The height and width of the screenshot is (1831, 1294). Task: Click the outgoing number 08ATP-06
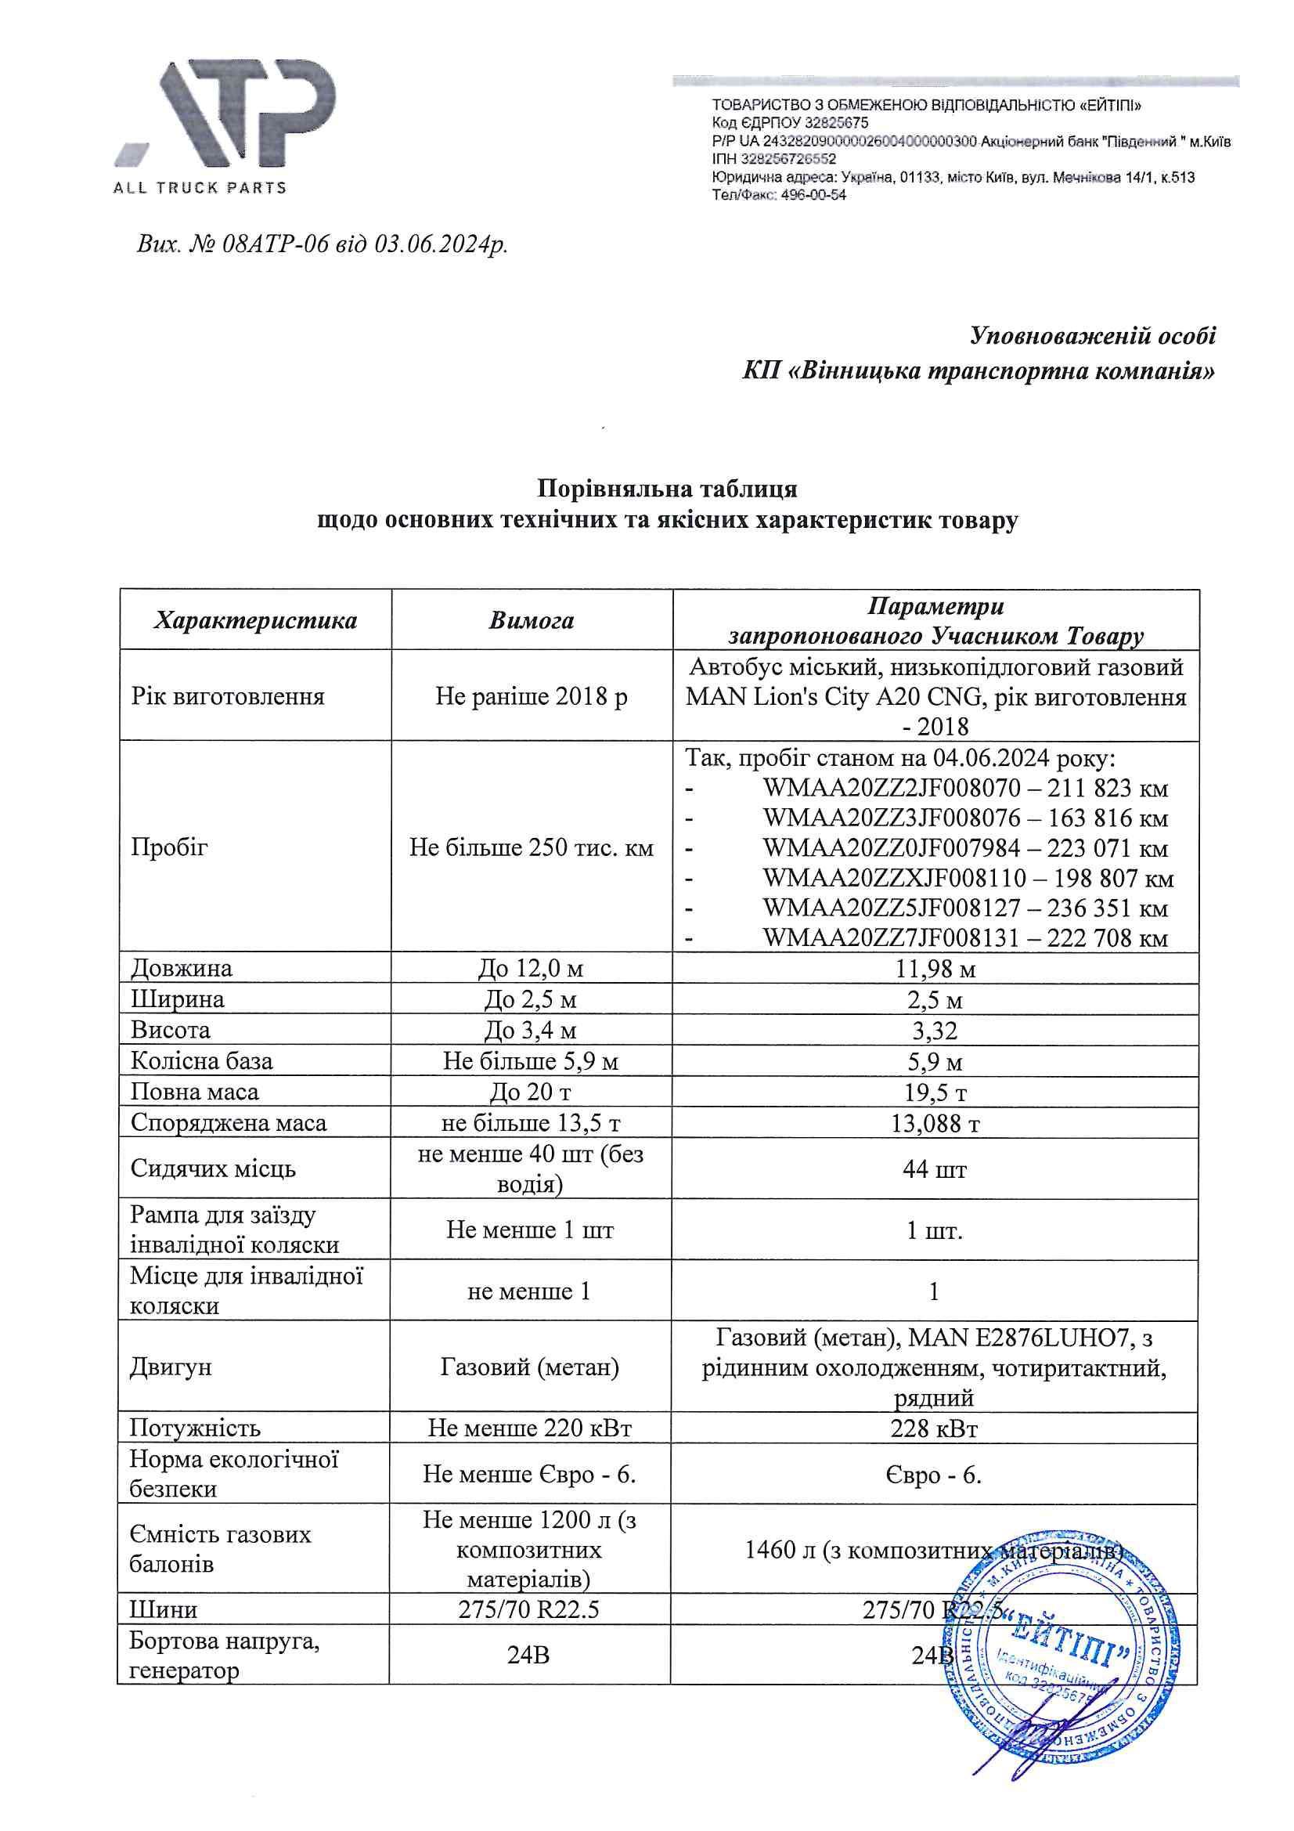(x=275, y=244)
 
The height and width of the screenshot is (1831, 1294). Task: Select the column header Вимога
(x=531, y=620)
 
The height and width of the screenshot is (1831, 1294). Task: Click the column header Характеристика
(x=255, y=620)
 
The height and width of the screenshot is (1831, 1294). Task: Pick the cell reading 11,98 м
(x=935, y=969)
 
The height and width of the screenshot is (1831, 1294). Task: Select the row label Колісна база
(x=202, y=1060)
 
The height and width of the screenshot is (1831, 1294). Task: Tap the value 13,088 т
(x=935, y=1123)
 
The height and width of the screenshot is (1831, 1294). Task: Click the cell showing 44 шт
(x=935, y=1169)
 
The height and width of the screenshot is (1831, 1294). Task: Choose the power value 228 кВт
(x=934, y=1428)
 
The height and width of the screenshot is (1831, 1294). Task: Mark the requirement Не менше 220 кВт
(x=530, y=1428)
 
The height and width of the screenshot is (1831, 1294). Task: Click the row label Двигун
(x=171, y=1367)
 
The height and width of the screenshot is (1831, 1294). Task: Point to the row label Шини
(x=164, y=1609)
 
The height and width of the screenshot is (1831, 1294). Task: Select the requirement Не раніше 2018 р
(x=531, y=696)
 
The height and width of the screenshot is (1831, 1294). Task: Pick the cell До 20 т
(x=530, y=1092)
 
